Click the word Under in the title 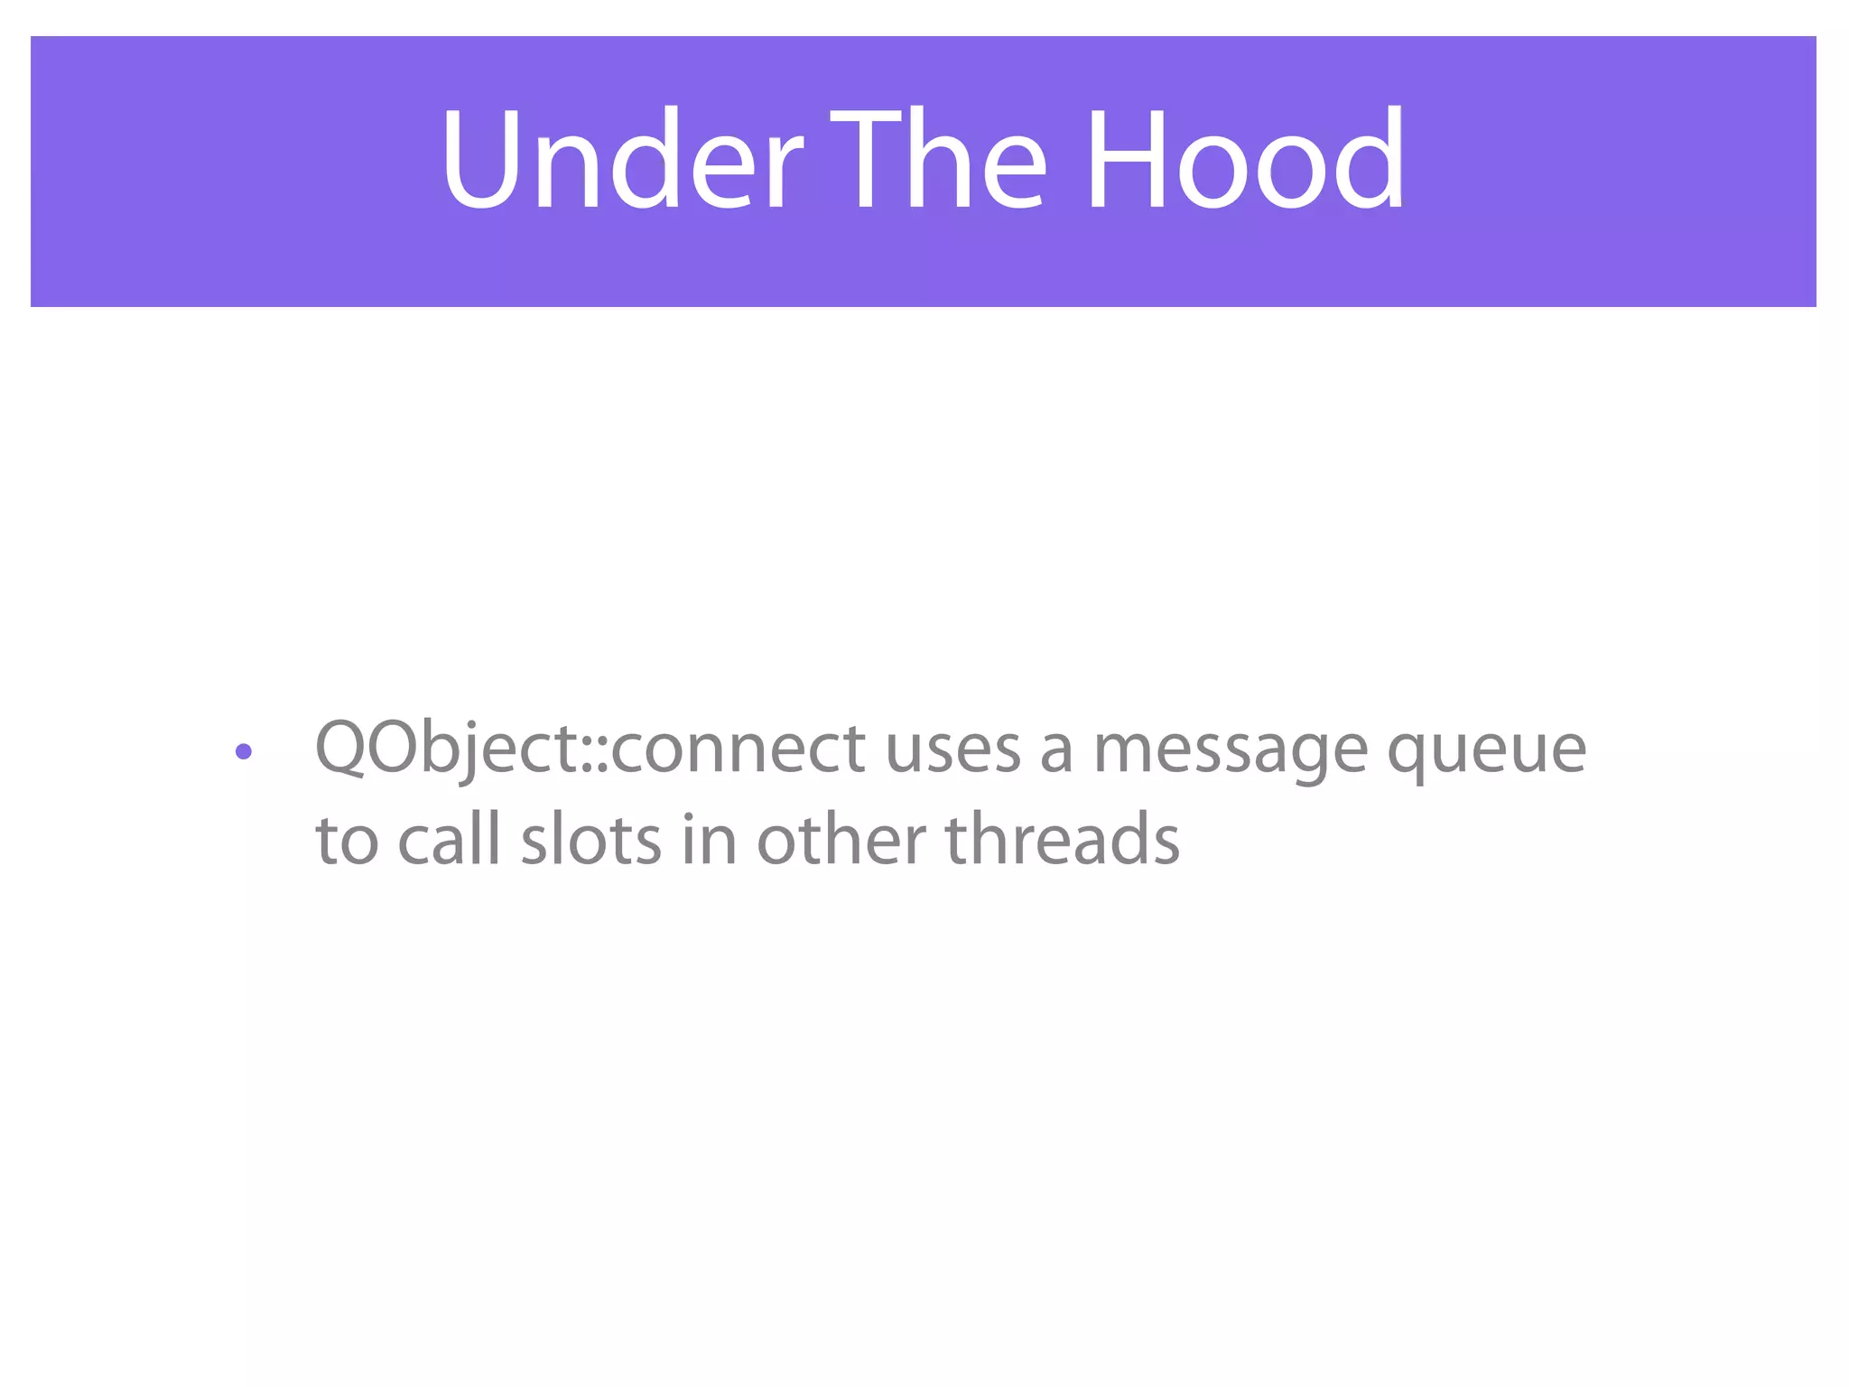[x=621, y=161]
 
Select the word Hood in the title [x=1244, y=161]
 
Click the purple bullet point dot [x=243, y=751]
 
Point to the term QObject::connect [x=590, y=749]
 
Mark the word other [x=841, y=838]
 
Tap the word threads [x=1062, y=838]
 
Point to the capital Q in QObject [x=342, y=748]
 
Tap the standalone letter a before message [x=1055, y=754]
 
